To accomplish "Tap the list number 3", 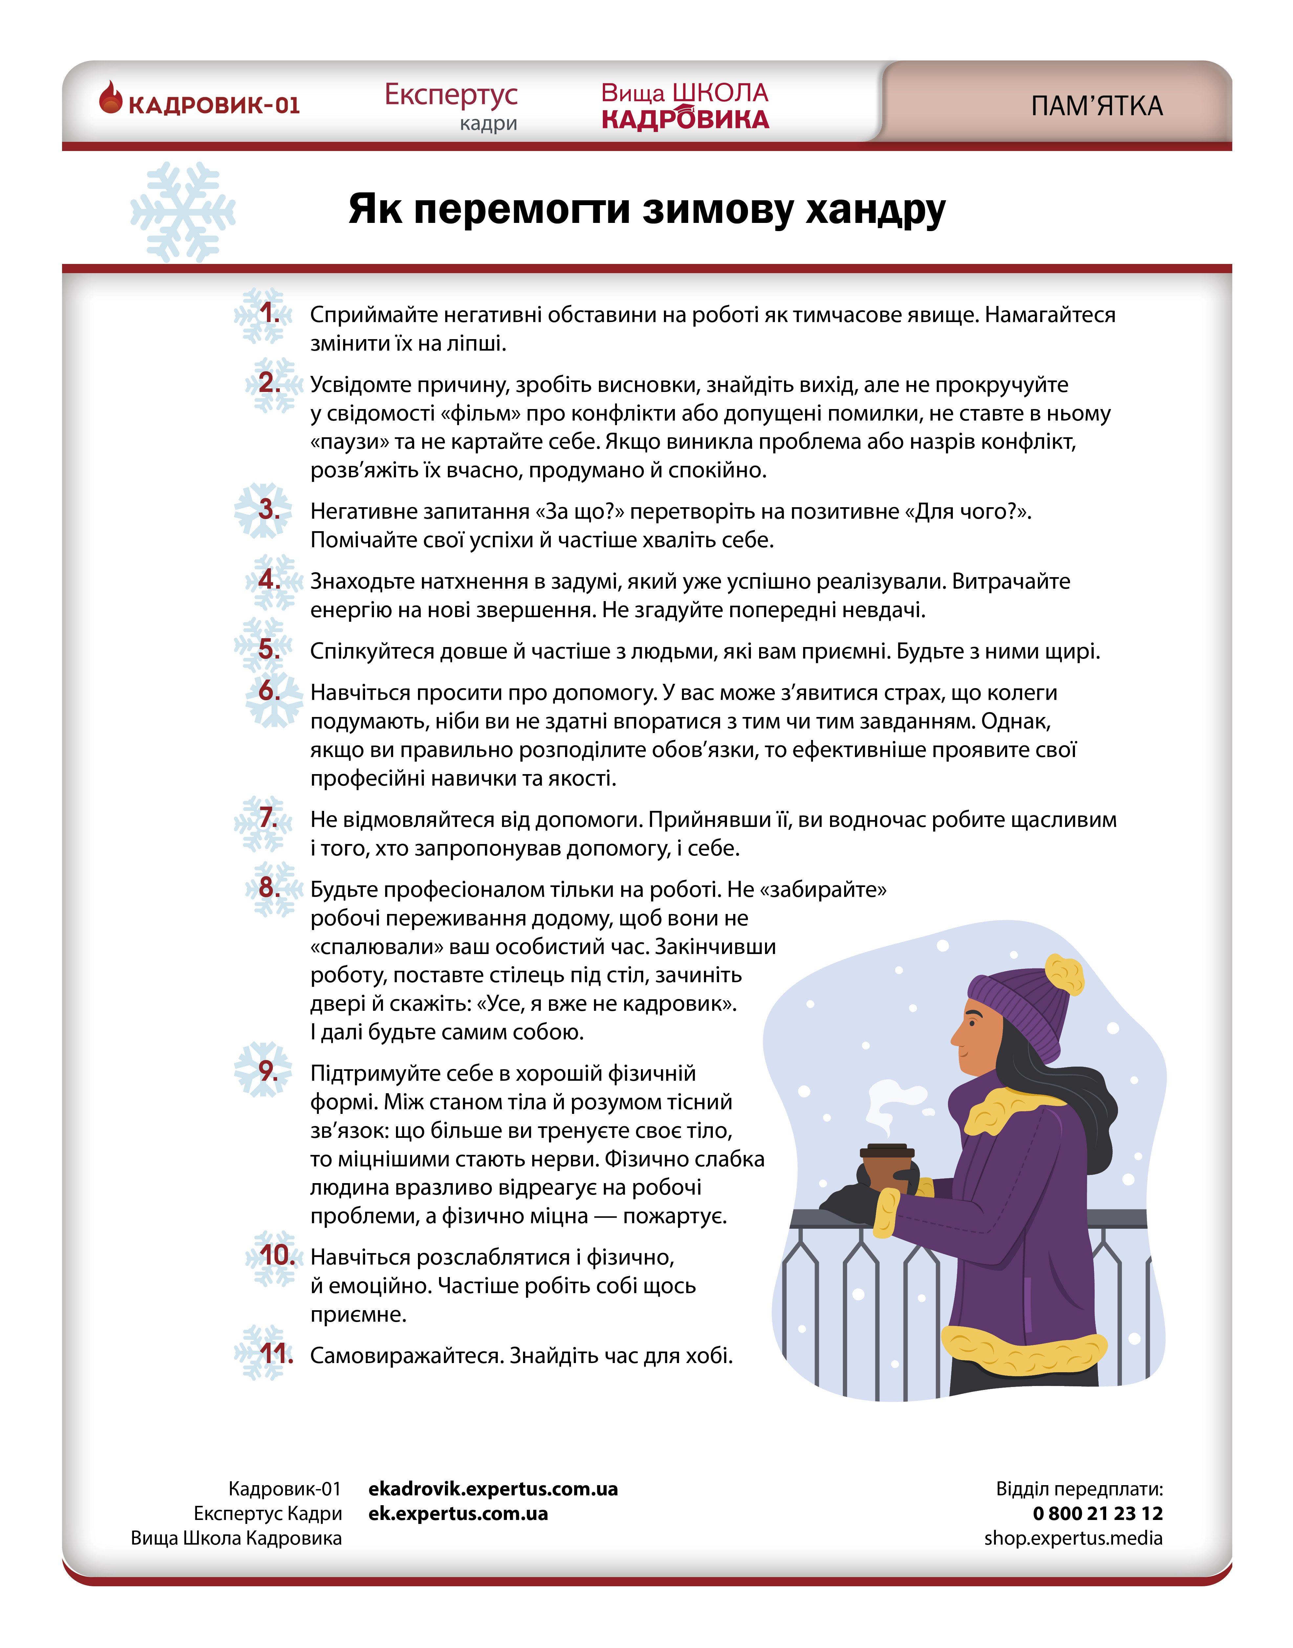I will pos(269,510).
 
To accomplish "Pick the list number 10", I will pos(276,1255).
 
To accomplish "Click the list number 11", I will pos(276,1354).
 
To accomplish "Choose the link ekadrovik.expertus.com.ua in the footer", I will pos(493,1489).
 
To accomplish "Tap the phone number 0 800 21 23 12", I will pos(1097,1513).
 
